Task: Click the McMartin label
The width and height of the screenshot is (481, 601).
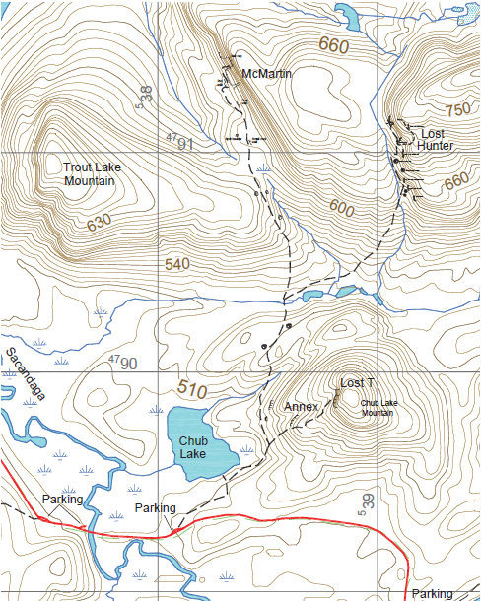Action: pos(268,74)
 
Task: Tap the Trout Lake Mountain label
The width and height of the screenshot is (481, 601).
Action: pos(90,174)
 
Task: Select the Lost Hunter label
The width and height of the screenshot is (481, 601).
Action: pos(435,139)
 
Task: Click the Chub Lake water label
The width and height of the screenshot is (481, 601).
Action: pos(197,448)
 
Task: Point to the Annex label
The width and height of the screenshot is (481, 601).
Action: pos(301,406)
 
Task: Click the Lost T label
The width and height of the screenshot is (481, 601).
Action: pos(357,382)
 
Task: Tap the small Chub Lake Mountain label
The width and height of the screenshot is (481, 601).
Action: pos(383,407)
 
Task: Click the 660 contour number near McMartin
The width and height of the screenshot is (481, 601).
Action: pos(335,45)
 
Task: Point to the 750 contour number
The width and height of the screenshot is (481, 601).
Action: pos(458,110)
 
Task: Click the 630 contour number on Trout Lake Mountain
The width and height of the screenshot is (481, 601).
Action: pos(100,225)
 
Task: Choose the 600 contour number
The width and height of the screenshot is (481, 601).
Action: pos(342,209)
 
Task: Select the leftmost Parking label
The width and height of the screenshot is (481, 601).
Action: pos(62,500)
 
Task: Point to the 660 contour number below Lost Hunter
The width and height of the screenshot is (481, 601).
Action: pos(456,183)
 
